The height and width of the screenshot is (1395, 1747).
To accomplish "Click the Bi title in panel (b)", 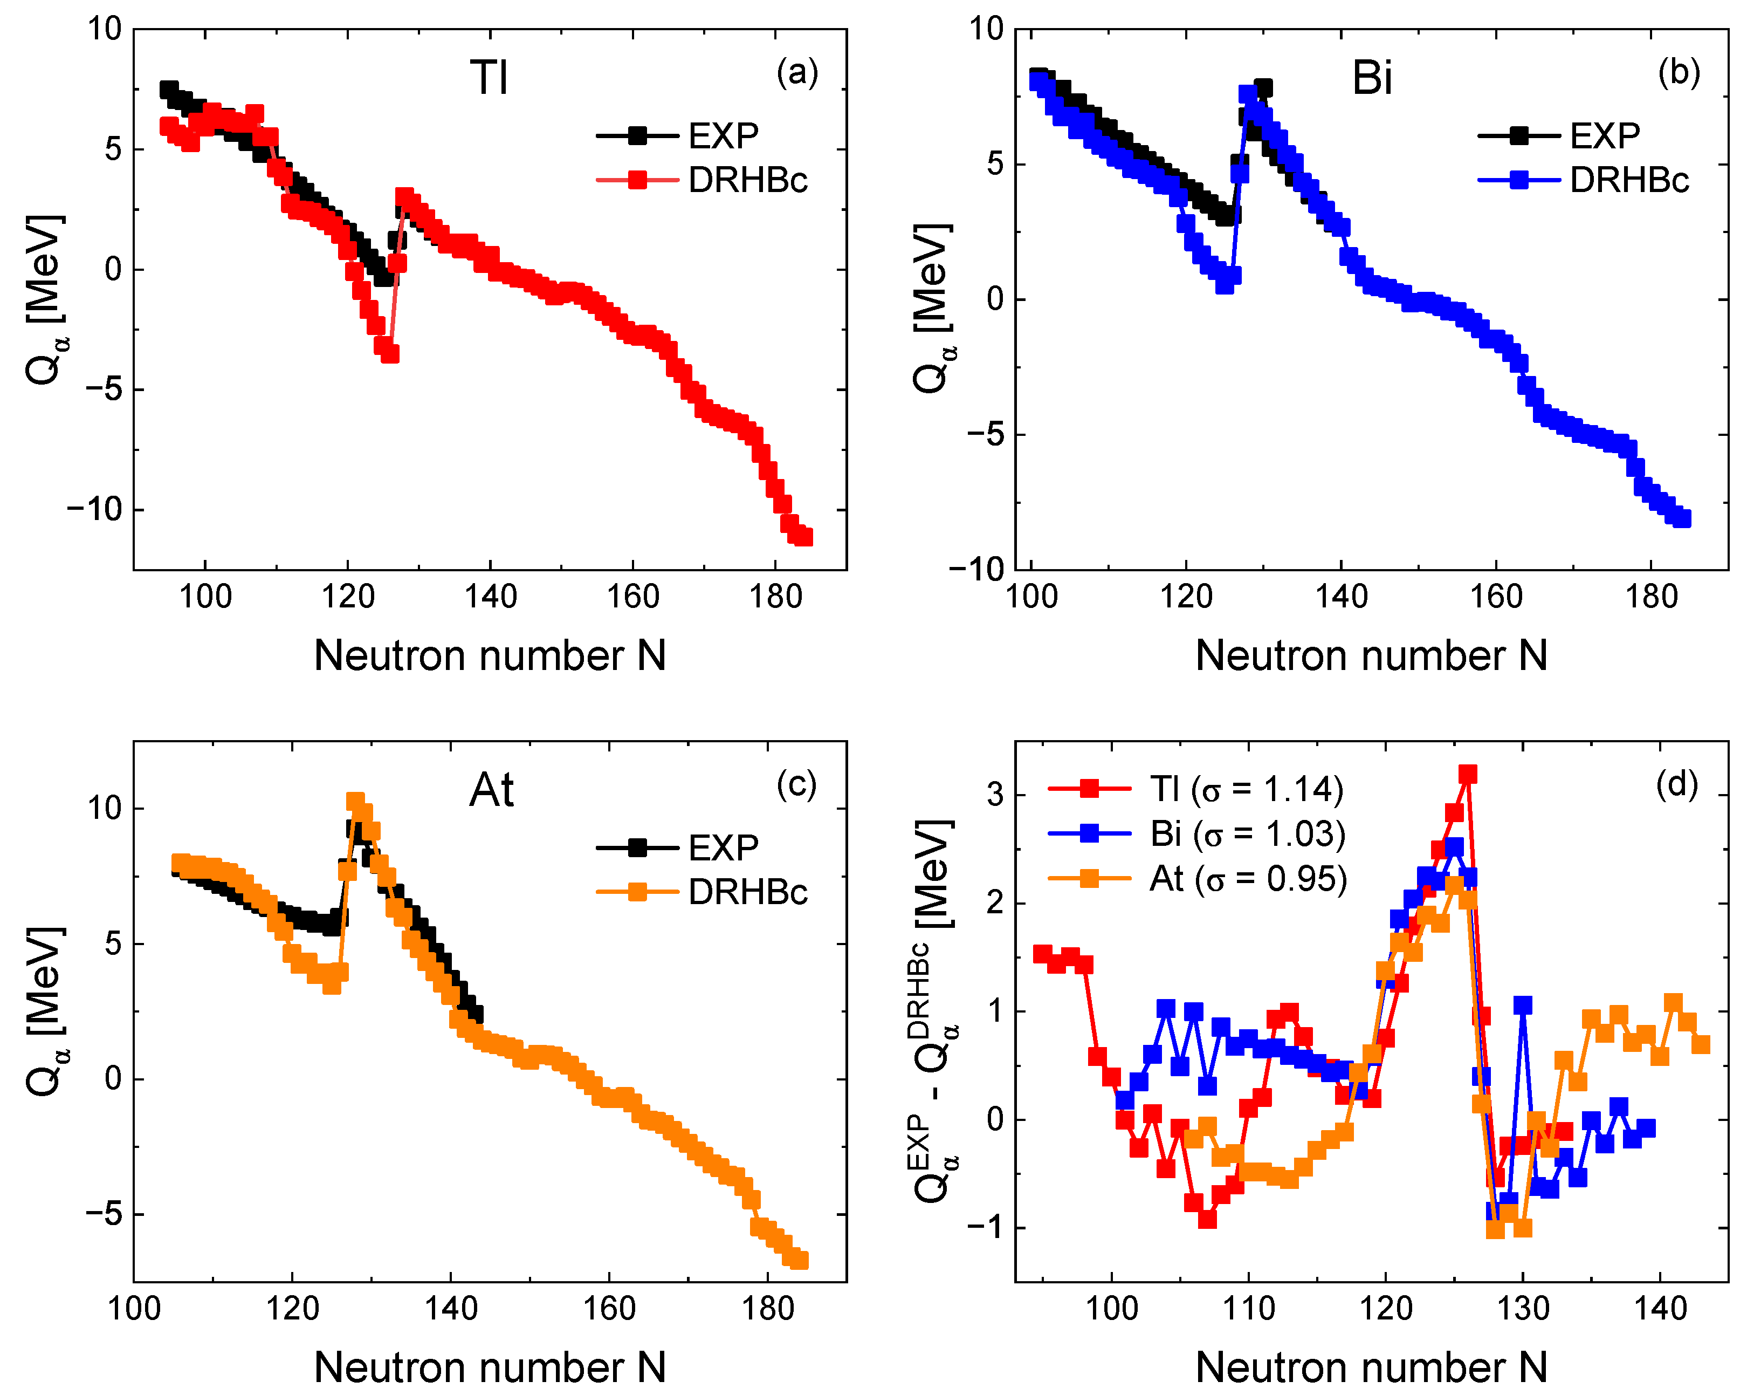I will [x=1372, y=78].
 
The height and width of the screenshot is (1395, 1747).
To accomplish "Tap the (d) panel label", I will [x=1676, y=783].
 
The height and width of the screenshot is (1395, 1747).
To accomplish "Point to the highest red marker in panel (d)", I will [x=1468, y=774].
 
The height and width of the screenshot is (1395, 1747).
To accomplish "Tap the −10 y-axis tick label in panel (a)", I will [x=94, y=509].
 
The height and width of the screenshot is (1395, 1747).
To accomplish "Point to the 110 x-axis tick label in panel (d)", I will [x=1249, y=1308].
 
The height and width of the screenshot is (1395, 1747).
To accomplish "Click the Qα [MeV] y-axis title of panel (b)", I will [x=932, y=308].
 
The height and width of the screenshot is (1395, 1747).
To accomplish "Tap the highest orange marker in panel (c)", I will [x=355, y=801].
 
